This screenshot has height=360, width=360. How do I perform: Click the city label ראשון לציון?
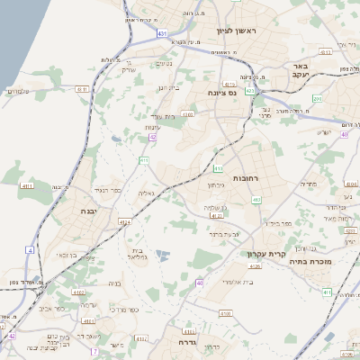point(237,31)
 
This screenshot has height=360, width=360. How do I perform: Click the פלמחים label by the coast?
point(19,90)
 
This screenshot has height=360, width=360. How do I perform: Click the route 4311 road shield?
point(82,89)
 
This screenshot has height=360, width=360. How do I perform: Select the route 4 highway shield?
point(30,249)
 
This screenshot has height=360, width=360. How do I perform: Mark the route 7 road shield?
point(94,352)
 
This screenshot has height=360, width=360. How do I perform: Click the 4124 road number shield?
point(125,220)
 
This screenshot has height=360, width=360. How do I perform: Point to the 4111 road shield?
point(26,186)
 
